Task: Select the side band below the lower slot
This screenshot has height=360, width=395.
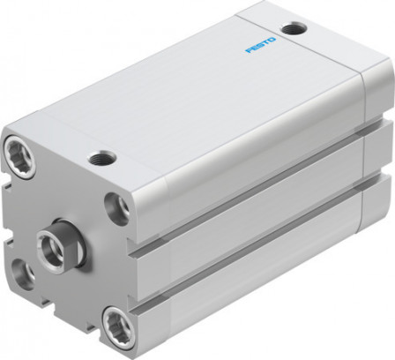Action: (x=265, y=287)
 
